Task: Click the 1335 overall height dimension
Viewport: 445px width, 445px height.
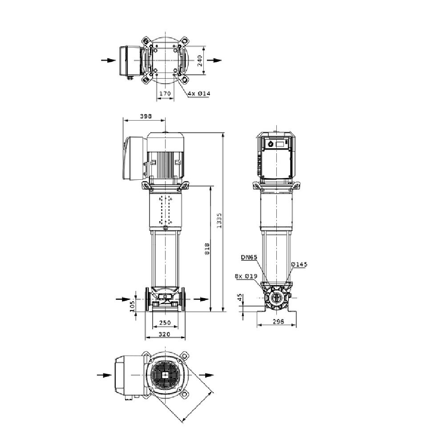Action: coord(219,221)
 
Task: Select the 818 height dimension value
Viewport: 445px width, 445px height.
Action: coord(207,249)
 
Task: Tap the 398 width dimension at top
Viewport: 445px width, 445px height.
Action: coord(146,116)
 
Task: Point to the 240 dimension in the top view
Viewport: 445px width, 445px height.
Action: coord(200,61)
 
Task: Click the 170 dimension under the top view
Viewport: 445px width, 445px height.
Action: coord(165,93)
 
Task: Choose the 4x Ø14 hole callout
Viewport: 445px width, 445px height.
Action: coord(199,93)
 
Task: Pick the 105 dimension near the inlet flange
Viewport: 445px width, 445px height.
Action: coord(132,307)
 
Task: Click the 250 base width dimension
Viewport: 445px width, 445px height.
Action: coord(165,323)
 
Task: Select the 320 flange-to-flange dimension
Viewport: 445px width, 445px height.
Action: coord(164,334)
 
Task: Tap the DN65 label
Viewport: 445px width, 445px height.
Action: coord(249,257)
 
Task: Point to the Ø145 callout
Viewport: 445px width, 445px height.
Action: coord(299,264)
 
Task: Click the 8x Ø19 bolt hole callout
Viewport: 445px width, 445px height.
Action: coord(246,276)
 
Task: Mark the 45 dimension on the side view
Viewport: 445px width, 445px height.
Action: coord(240,297)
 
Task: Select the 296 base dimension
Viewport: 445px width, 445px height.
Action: coord(279,321)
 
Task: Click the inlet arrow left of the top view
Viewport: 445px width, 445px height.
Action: coord(109,60)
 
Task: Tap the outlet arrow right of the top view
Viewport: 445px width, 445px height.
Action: coord(214,60)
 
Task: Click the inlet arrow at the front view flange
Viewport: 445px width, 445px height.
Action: coord(123,299)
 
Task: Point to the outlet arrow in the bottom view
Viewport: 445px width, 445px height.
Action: coord(206,375)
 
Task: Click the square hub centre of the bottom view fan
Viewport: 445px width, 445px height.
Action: coord(165,375)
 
